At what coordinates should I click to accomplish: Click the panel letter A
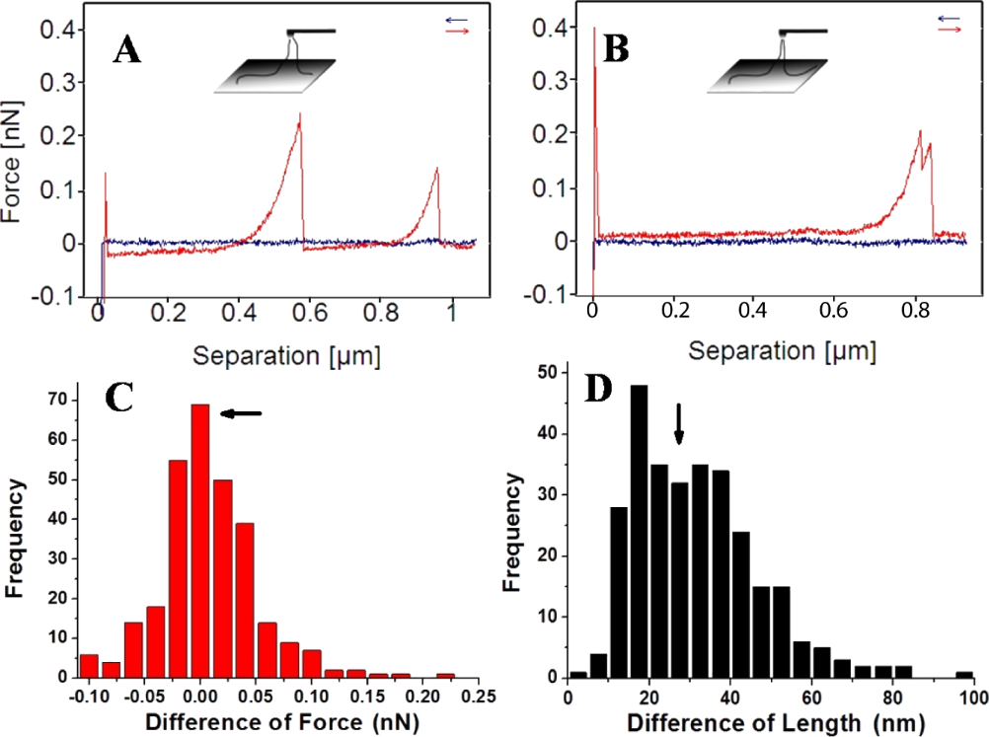click(x=126, y=49)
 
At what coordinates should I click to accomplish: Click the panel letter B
click(x=616, y=49)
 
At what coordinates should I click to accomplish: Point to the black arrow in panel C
click(x=241, y=414)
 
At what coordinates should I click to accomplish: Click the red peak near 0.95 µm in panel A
click(x=435, y=171)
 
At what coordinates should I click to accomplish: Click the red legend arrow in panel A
click(x=457, y=32)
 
